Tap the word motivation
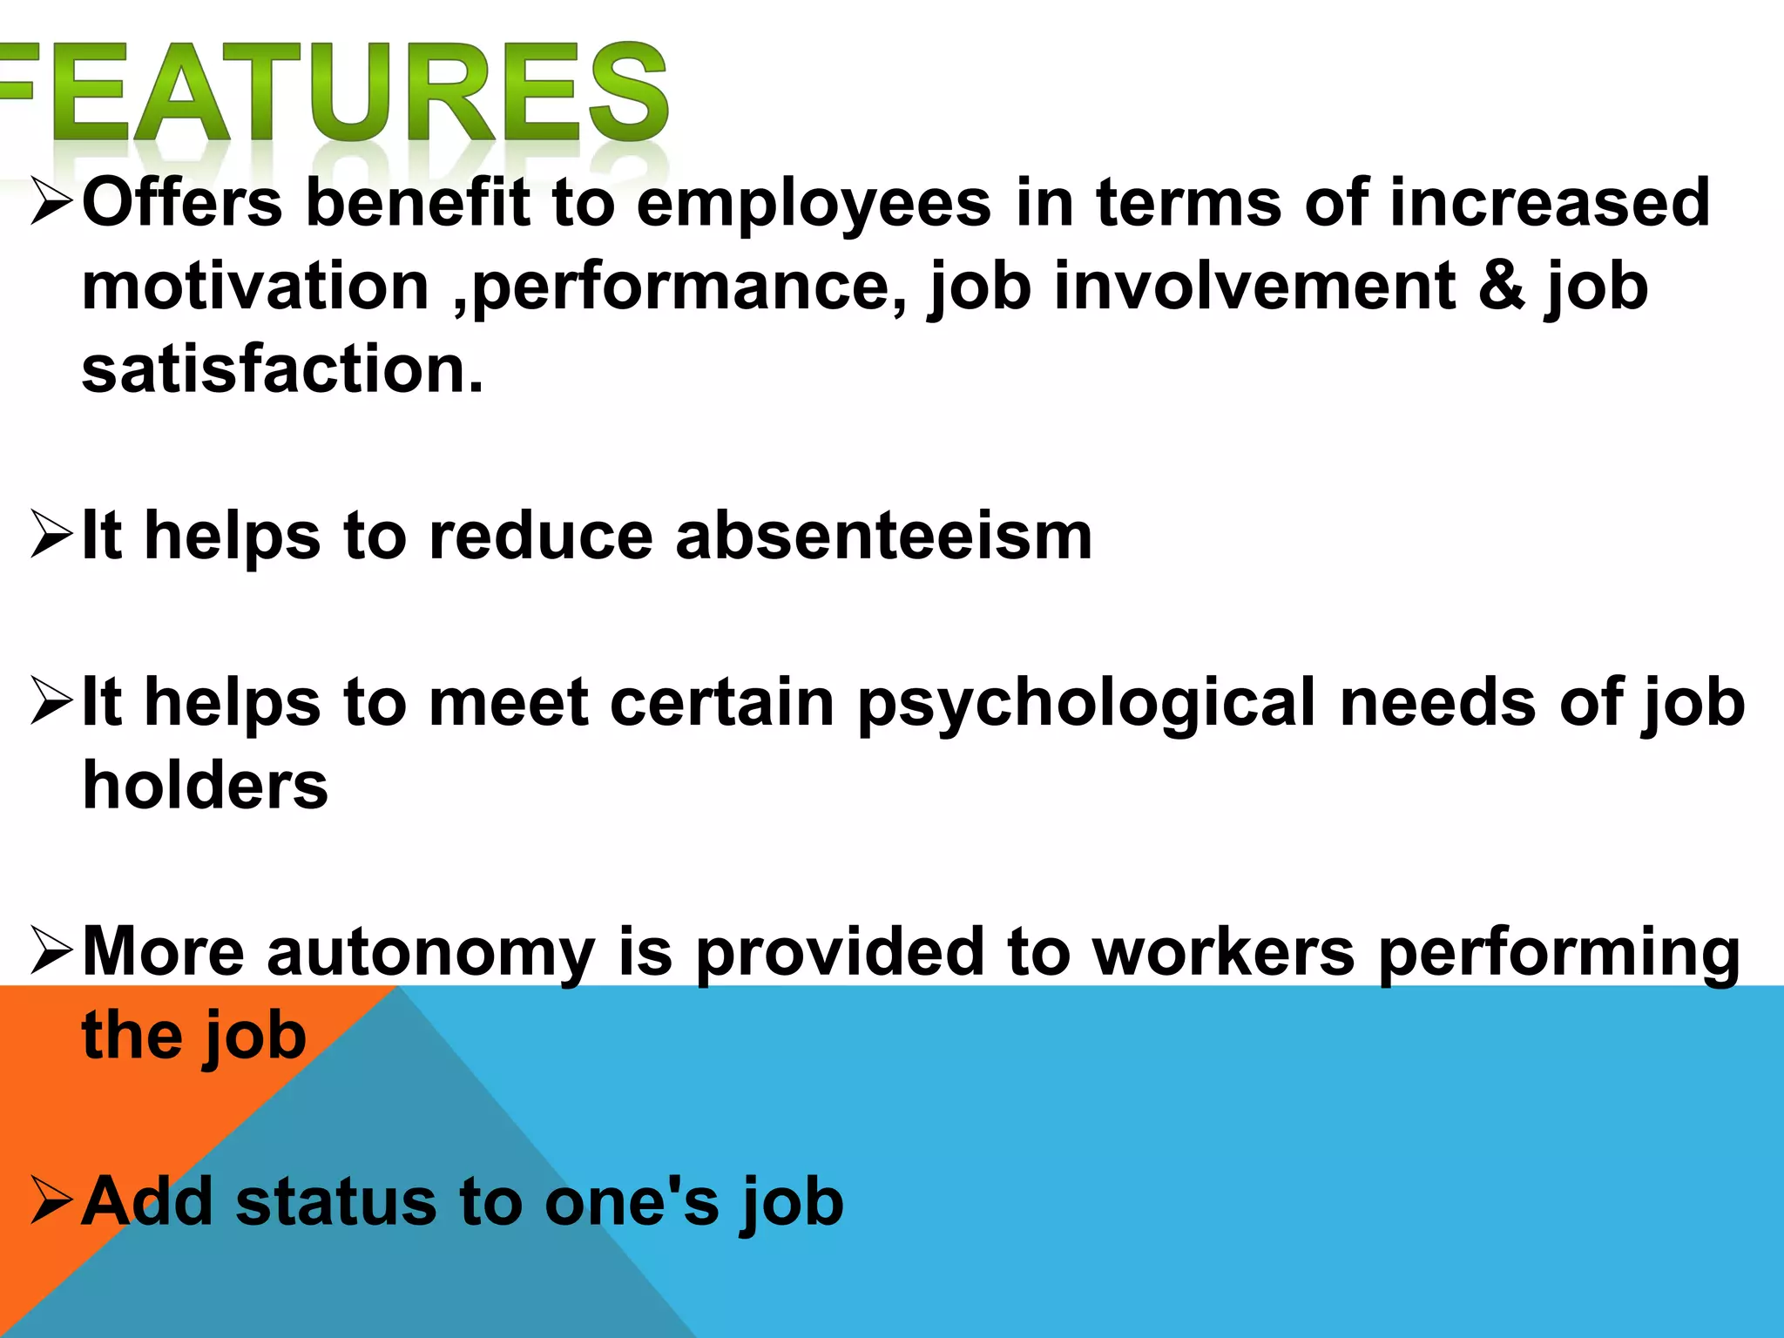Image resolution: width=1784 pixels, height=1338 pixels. [255, 286]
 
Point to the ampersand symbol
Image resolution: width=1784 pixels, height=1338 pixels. [1502, 286]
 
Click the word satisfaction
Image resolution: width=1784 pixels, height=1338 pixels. [281, 369]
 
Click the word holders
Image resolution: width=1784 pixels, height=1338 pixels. [205, 785]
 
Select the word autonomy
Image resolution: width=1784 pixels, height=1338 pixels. [431, 953]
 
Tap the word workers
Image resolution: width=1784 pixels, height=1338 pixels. [1223, 951]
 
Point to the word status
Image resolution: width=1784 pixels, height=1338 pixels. [335, 1202]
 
